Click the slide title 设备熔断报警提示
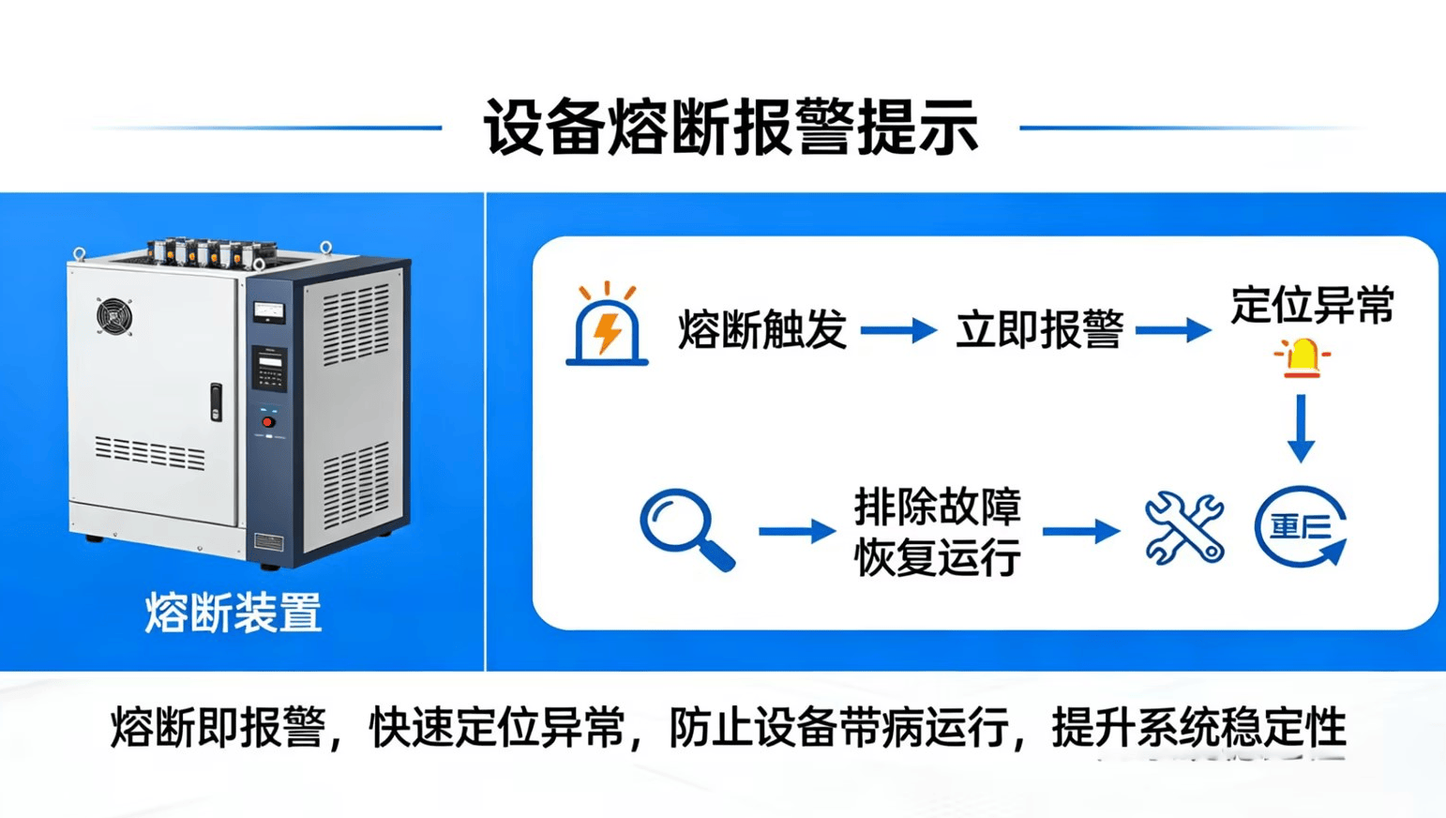coord(731,128)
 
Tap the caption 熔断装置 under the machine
coord(233,613)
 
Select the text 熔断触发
coord(761,330)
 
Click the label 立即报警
coord(1038,330)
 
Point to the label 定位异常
coord(1312,306)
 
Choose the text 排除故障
coord(937,507)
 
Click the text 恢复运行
coord(937,557)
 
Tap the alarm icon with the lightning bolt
coord(607,326)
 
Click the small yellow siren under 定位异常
coord(1302,358)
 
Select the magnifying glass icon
coord(685,529)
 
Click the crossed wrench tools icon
coord(1183,529)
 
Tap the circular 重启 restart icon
coord(1302,527)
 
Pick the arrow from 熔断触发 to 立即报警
coord(897,330)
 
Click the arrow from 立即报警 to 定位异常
coord(1172,330)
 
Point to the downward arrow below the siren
coord(1301,428)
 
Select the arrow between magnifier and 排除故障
coord(796,531)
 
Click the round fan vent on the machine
coord(114,315)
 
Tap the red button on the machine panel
coord(268,422)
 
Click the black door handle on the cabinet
coord(216,401)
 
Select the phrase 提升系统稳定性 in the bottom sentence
coord(1198,728)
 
